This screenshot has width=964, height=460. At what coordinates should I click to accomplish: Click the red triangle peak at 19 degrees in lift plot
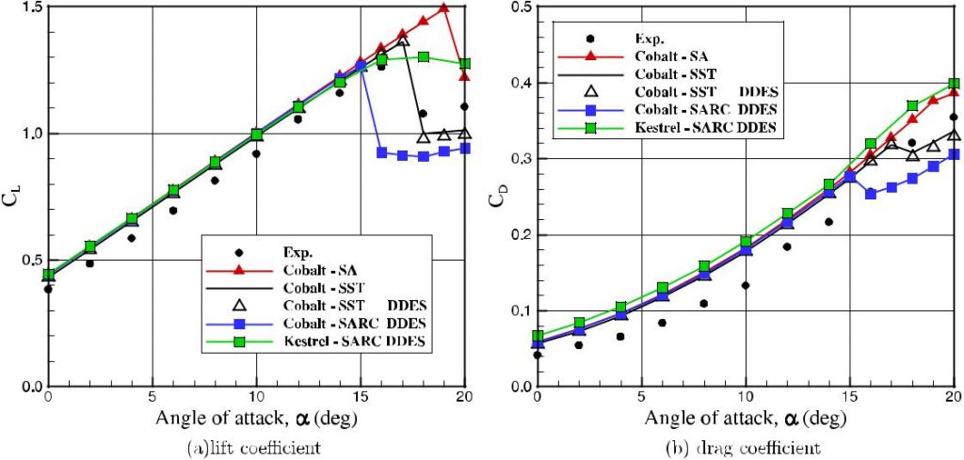tap(444, 8)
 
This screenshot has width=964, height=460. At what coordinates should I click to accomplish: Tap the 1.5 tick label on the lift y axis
tap(27, 8)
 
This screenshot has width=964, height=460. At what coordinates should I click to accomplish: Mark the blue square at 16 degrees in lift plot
tap(381, 151)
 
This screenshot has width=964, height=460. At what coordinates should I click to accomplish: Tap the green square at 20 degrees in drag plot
tap(954, 84)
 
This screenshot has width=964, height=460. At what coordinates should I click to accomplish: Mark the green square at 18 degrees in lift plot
tap(424, 56)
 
